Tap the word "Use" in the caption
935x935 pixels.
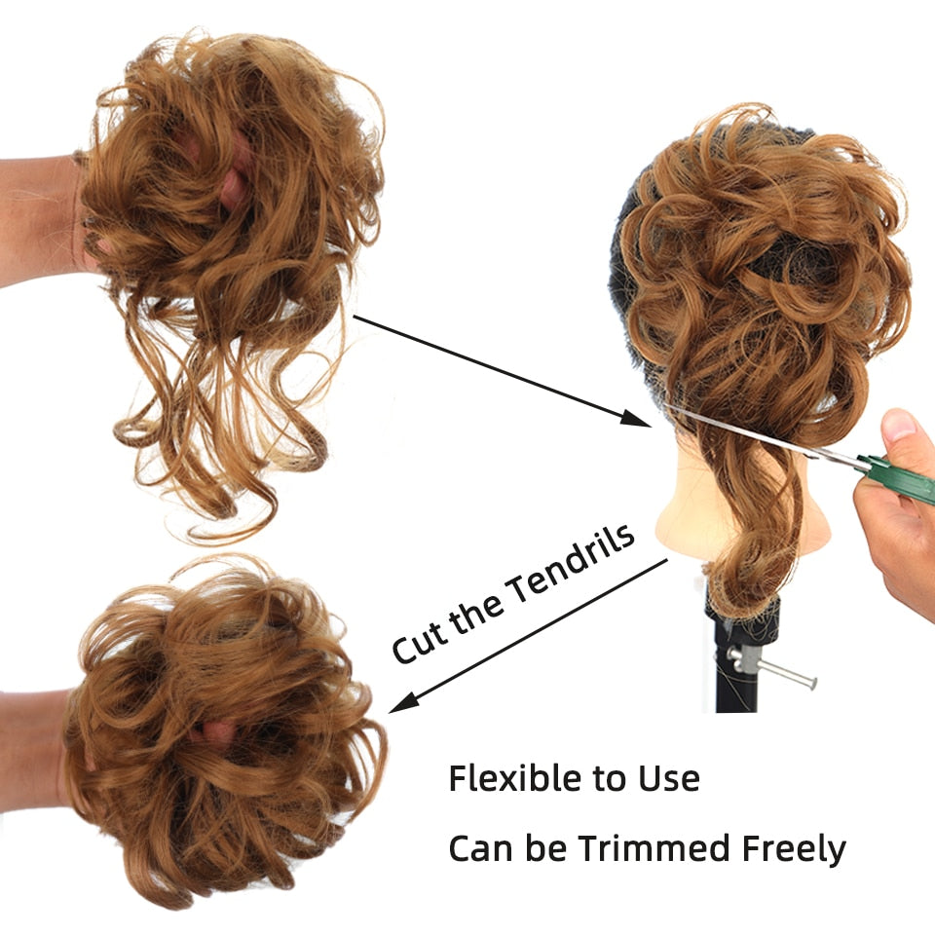point(669,779)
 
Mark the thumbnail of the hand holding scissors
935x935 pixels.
point(899,425)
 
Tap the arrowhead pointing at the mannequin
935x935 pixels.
point(636,418)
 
